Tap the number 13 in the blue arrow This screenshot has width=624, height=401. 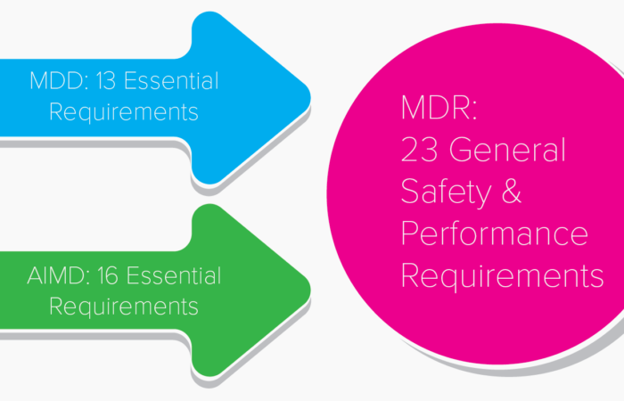pyautogui.click(x=104, y=81)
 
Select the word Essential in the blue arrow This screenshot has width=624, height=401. pyautogui.click(x=170, y=81)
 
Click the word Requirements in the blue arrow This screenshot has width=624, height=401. pyautogui.click(x=123, y=113)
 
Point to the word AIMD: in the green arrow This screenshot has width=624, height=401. pyautogui.click(x=55, y=275)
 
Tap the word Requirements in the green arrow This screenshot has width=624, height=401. pyautogui.click(x=123, y=307)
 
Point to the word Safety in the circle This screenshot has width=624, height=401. pyautogui.click(x=448, y=192)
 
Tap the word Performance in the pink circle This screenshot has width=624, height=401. pyautogui.click(x=494, y=233)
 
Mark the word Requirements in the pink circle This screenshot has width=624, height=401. pyautogui.click(x=502, y=275)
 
